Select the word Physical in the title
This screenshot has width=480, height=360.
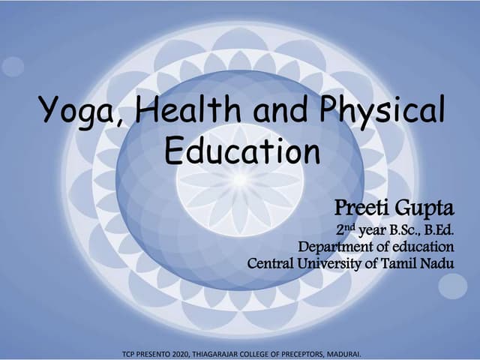click(383, 112)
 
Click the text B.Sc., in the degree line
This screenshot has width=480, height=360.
click(401, 229)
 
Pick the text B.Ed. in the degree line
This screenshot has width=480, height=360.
click(439, 229)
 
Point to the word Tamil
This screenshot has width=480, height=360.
click(403, 264)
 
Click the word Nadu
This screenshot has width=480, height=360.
click(439, 264)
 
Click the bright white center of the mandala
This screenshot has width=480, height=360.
click(239, 180)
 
